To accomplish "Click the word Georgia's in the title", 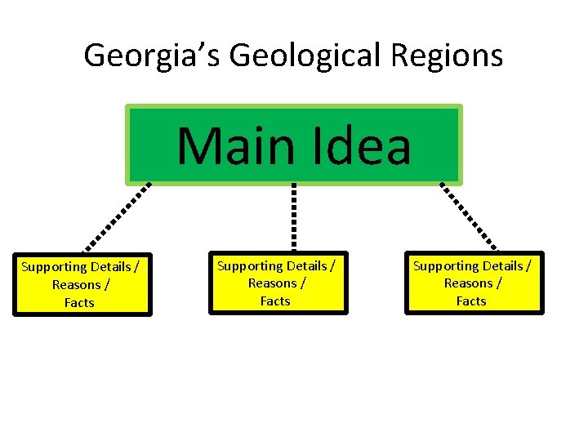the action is coord(153,56).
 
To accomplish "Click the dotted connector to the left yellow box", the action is coord(117,218).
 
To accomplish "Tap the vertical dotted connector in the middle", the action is coord(294,216).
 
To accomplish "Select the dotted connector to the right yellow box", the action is coord(469,216).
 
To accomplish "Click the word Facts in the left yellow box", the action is coord(79,303).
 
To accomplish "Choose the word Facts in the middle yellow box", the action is coord(275,301).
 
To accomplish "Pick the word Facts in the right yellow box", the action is coord(471,301).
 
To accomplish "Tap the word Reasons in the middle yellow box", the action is coord(271,283).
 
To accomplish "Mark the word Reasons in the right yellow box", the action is coord(467,283).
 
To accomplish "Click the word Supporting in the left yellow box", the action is coord(54,267).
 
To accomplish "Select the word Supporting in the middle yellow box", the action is coord(250,266).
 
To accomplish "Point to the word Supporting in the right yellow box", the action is coord(446,266).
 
